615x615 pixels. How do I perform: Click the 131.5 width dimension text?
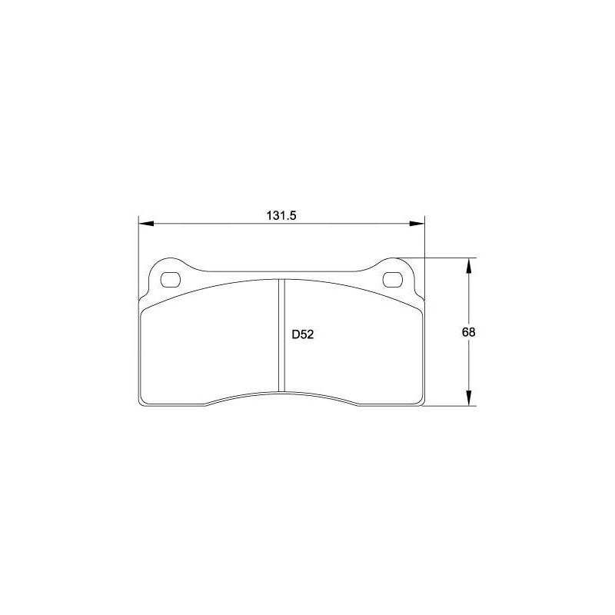[x=281, y=216]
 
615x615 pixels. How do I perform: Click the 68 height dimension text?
[x=468, y=332]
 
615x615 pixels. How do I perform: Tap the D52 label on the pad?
[x=303, y=334]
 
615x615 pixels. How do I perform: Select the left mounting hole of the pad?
[x=171, y=280]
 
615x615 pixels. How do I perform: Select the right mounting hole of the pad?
[x=393, y=280]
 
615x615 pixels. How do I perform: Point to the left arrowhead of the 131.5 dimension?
[x=146, y=224]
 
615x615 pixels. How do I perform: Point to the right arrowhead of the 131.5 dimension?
[x=417, y=224]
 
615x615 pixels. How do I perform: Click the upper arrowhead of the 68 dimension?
[x=468, y=265]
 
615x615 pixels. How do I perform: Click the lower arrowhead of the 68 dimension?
[x=468, y=398]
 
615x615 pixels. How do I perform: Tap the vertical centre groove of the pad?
[x=281, y=335]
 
